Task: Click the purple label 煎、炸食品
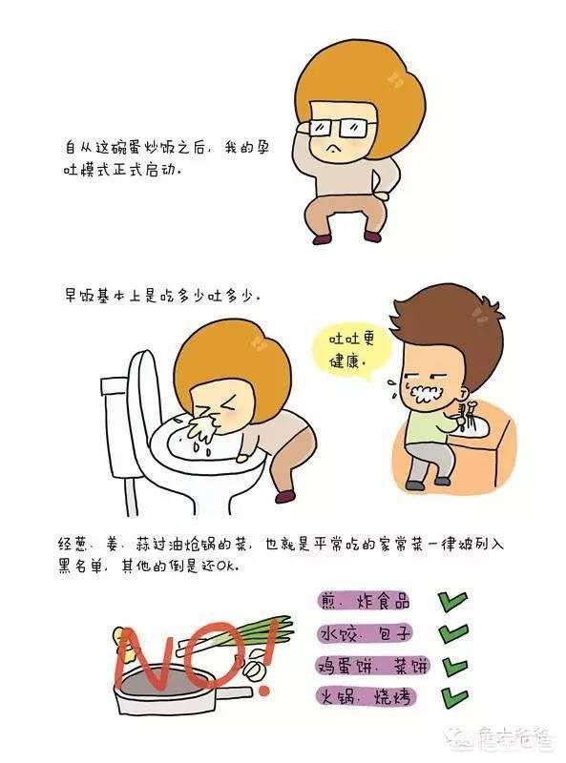point(364,601)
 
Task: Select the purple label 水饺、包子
point(365,633)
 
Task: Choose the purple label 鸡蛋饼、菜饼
point(372,665)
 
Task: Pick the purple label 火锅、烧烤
point(366,696)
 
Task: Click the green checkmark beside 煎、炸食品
point(452,602)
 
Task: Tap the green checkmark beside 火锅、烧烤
point(453,697)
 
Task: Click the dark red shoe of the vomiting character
point(285,496)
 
